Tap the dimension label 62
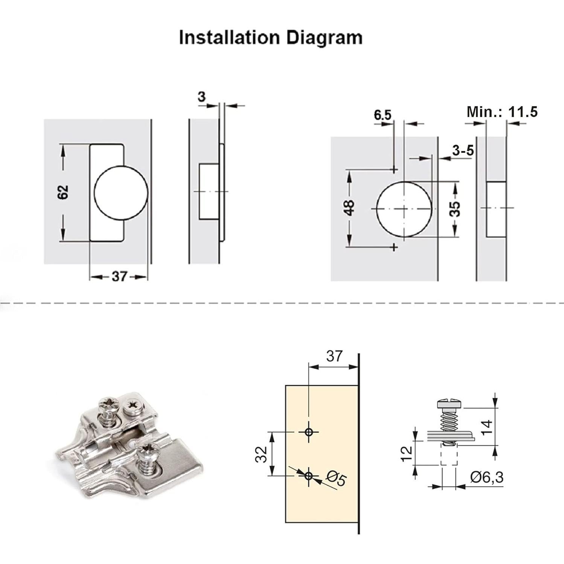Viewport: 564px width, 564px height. [63, 192]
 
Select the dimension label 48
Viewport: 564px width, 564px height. [349, 208]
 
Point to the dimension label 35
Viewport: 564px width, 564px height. [455, 209]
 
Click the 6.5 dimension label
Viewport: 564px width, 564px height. [383, 115]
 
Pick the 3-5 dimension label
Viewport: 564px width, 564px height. [463, 151]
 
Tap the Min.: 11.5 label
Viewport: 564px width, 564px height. [502, 112]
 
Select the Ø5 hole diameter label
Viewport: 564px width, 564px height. [336, 479]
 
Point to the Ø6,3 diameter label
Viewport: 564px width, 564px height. [487, 477]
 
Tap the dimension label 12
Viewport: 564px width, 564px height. [407, 454]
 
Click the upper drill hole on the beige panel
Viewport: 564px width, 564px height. [309, 432]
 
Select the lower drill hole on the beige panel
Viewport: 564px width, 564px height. [309, 476]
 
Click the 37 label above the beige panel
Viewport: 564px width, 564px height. [334, 356]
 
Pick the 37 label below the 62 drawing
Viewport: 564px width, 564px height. [119, 277]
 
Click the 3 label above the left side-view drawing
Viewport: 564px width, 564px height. [202, 97]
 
